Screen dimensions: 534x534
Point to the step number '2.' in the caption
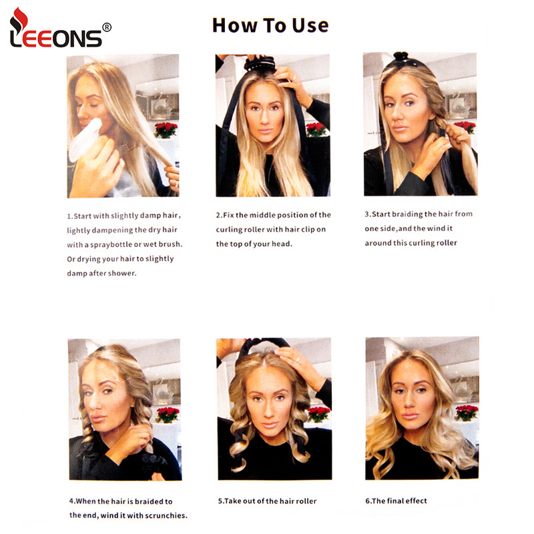219,215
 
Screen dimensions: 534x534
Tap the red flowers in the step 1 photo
166,129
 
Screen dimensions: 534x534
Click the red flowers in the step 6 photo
466,412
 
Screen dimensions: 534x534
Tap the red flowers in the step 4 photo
167,414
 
